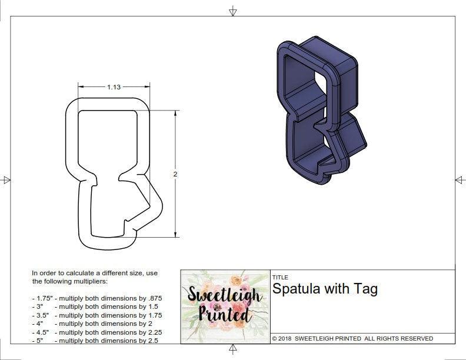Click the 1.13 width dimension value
(114, 87)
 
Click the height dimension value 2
(175, 174)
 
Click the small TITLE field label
(279, 278)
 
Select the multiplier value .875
(152, 298)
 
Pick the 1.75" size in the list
(41, 298)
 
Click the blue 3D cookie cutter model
(318, 112)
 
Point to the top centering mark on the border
(233, 11)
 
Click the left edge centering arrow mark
(6, 180)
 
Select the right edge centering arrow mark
(460, 180)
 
